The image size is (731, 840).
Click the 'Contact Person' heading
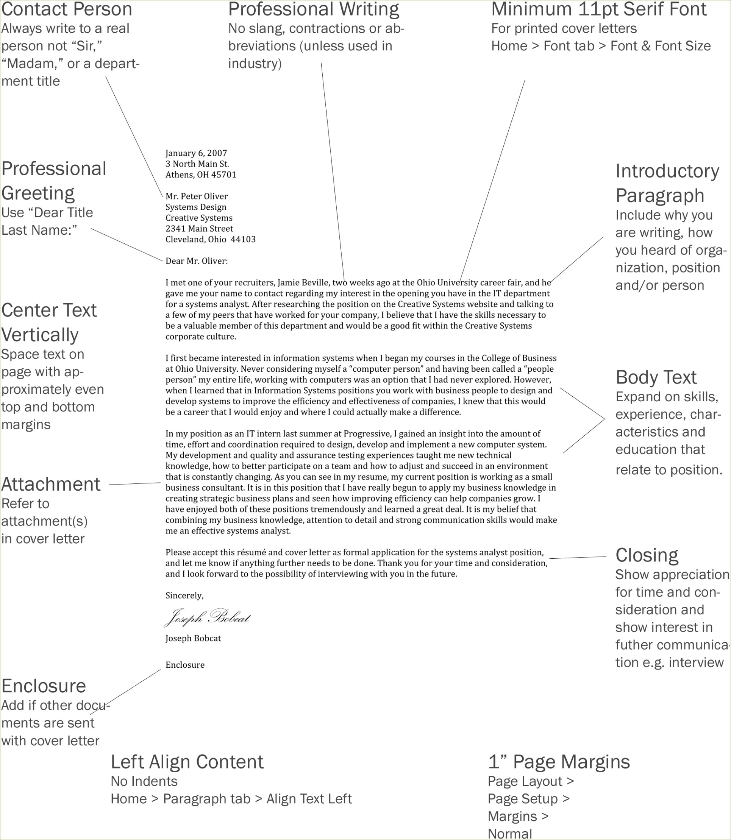click(x=67, y=9)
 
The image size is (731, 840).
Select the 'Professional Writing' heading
click(x=313, y=9)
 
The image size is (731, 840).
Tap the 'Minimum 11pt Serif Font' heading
click(x=598, y=9)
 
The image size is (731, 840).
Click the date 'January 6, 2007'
click(x=196, y=153)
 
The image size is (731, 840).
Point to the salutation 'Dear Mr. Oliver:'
click(x=197, y=261)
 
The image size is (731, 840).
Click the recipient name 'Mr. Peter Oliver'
click(x=197, y=196)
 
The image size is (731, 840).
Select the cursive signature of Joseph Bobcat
click(x=207, y=617)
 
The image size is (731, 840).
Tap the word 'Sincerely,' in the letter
click(x=184, y=595)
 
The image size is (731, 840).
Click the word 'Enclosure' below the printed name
click(x=185, y=665)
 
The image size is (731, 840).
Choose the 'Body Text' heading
click(x=656, y=377)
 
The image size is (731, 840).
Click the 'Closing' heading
click(x=647, y=555)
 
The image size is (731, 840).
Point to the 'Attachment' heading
click(x=51, y=484)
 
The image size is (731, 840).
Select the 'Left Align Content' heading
click(x=187, y=762)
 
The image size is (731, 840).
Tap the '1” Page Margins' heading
click(x=559, y=762)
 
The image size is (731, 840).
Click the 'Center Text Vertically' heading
click(x=49, y=323)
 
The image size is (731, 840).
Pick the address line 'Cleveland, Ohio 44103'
click(x=211, y=239)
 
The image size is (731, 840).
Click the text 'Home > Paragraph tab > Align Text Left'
click(x=231, y=798)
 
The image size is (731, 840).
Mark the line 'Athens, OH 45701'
click(x=201, y=175)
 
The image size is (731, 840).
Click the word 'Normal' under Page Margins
click(x=510, y=834)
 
